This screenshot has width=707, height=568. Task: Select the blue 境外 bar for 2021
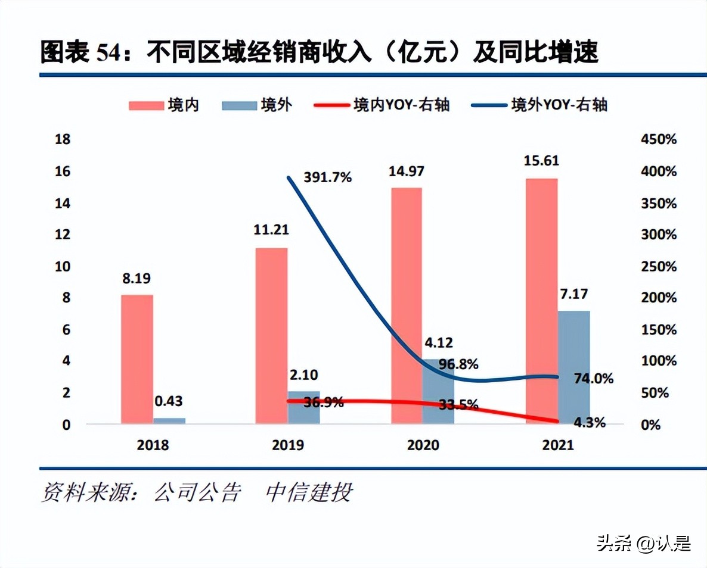tap(573, 367)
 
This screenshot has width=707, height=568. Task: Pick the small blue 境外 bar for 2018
tap(169, 420)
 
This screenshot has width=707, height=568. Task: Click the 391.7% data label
tap(327, 177)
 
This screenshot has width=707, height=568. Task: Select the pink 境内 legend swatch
tap(146, 105)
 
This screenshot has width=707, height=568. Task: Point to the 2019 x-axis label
tap(287, 445)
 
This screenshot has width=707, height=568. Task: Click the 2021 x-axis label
tap(557, 445)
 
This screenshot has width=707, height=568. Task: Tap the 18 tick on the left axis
tap(63, 140)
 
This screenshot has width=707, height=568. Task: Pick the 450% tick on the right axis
tap(659, 140)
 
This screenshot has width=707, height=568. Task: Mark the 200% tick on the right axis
tap(659, 298)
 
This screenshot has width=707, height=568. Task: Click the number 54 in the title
tap(110, 54)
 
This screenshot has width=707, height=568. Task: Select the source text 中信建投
tap(309, 492)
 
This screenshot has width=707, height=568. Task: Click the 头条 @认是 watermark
tap(644, 544)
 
